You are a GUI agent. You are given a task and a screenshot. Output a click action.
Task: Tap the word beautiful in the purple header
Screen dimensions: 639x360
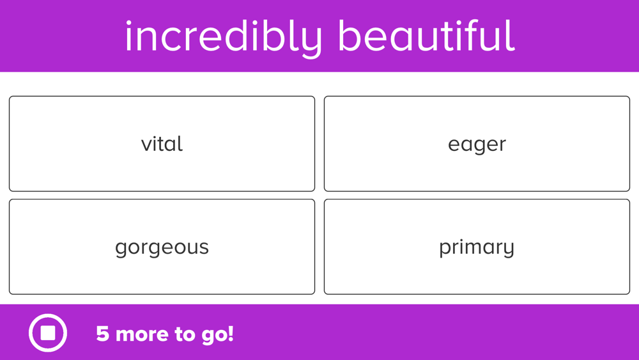[426, 36]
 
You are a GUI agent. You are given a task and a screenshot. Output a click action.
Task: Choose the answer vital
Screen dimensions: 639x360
[162, 143]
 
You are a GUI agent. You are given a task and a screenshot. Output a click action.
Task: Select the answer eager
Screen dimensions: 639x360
[477, 143]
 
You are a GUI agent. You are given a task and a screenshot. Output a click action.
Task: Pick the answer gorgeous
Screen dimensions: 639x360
[162, 247]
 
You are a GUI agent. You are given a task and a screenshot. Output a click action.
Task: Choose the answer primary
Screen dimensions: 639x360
[477, 247]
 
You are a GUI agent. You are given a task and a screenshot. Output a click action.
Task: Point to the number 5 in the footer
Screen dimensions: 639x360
[102, 334]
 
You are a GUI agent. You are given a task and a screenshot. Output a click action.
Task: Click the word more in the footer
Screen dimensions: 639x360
[142, 334]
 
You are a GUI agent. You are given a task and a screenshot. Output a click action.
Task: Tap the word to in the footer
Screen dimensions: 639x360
[185, 334]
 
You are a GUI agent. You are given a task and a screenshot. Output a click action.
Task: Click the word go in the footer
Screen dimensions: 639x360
[213, 336]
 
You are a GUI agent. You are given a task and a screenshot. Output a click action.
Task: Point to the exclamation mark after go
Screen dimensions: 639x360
[231, 334]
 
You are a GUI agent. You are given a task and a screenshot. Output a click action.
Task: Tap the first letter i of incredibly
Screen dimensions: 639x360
[128, 36]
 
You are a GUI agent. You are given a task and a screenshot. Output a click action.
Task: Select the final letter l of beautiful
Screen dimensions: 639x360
[512, 35]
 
